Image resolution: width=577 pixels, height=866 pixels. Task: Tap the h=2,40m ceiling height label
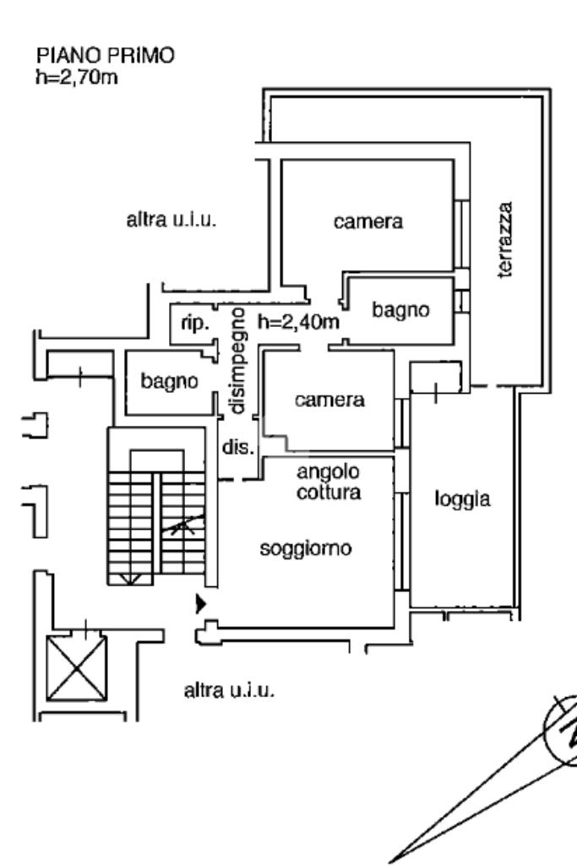coord(297,321)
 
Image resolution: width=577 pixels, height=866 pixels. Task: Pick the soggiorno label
coord(305,548)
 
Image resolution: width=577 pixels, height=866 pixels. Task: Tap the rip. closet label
coord(195,324)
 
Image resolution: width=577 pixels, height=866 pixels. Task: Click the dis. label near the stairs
coord(237,448)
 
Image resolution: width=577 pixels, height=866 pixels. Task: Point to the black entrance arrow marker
coord(201,604)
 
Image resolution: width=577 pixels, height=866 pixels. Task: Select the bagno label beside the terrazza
coord(400,310)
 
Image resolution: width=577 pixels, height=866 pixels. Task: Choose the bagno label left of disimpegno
coord(169,381)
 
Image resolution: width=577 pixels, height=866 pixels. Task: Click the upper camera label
coord(367,222)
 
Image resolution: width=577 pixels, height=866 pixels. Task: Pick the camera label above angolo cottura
coord(329,400)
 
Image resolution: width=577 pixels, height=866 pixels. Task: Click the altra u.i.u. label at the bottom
coord(229,691)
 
